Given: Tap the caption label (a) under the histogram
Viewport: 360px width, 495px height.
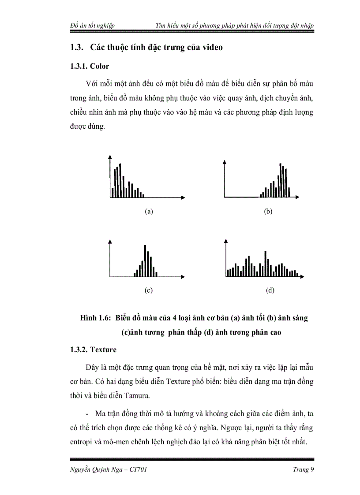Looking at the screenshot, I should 149,212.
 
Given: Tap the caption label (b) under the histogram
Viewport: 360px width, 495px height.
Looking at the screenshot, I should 268,212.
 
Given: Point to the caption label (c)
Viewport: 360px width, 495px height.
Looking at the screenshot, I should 149,290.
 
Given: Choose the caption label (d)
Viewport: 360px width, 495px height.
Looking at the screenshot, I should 270,290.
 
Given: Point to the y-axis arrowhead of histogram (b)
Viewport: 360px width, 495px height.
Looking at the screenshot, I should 225,161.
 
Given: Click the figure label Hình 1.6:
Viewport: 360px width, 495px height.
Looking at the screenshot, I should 96,319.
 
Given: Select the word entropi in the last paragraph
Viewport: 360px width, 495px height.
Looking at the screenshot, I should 82,442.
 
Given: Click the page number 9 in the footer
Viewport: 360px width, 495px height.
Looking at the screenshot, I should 311,470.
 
